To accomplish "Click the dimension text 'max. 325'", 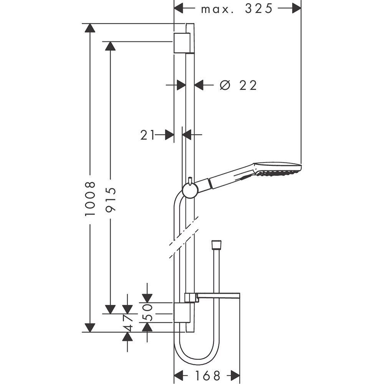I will click(x=237, y=8).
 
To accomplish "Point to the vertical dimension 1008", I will click(x=90, y=199).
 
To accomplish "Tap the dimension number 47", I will click(x=128, y=323).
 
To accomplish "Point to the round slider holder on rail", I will click(x=190, y=190).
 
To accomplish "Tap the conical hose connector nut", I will click(x=216, y=245).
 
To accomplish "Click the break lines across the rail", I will click(x=184, y=238).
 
